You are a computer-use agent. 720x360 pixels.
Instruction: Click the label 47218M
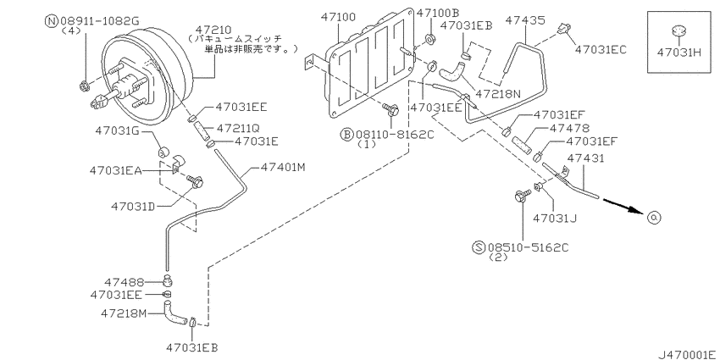tap(124, 313)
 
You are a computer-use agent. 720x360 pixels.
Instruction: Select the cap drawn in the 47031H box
tap(678, 33)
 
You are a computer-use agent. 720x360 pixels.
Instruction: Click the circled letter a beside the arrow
tap(653, 218)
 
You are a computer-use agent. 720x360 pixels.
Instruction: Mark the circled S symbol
tap(479, 247)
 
